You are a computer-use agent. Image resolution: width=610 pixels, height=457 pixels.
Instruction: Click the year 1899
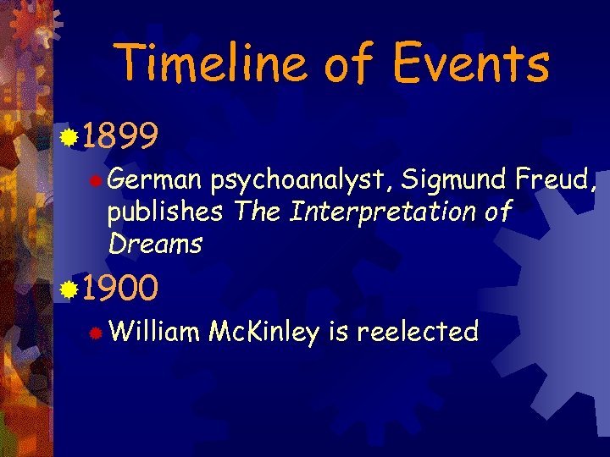[119, 135]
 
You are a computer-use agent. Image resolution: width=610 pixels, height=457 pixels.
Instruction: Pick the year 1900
[119, 289]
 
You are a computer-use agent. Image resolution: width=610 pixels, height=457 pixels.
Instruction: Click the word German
[155, 180]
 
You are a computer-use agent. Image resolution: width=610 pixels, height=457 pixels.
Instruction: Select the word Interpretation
[385, 212]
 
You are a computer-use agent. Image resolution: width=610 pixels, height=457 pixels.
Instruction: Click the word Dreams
[155, 244]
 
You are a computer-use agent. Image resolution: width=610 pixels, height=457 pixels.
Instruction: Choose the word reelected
[418, 332]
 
